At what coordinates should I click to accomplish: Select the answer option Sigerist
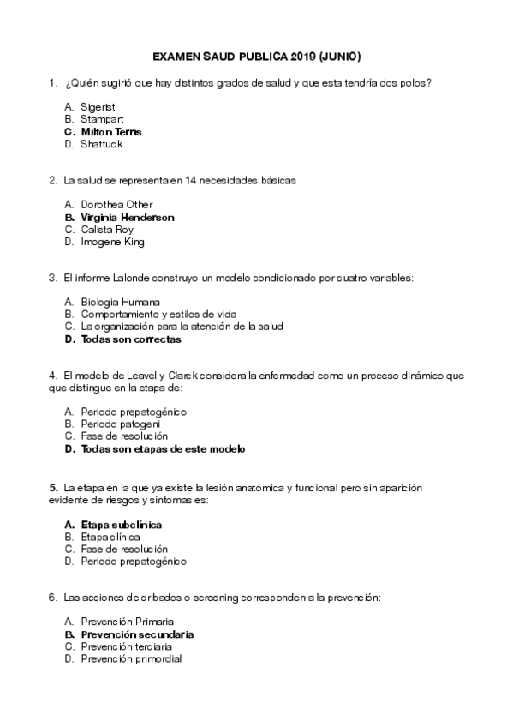[98, 108]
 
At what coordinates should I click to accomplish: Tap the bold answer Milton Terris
[111, 132]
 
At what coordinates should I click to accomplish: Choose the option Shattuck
[102, 144]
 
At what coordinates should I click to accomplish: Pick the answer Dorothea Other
[116, 205]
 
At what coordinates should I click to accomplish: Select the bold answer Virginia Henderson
[127, 218]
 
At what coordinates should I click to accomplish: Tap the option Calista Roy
[107, 230]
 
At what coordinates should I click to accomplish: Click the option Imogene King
[112, 242]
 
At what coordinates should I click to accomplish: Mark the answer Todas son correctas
[131, 339]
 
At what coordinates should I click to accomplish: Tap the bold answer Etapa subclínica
[122, 524]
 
